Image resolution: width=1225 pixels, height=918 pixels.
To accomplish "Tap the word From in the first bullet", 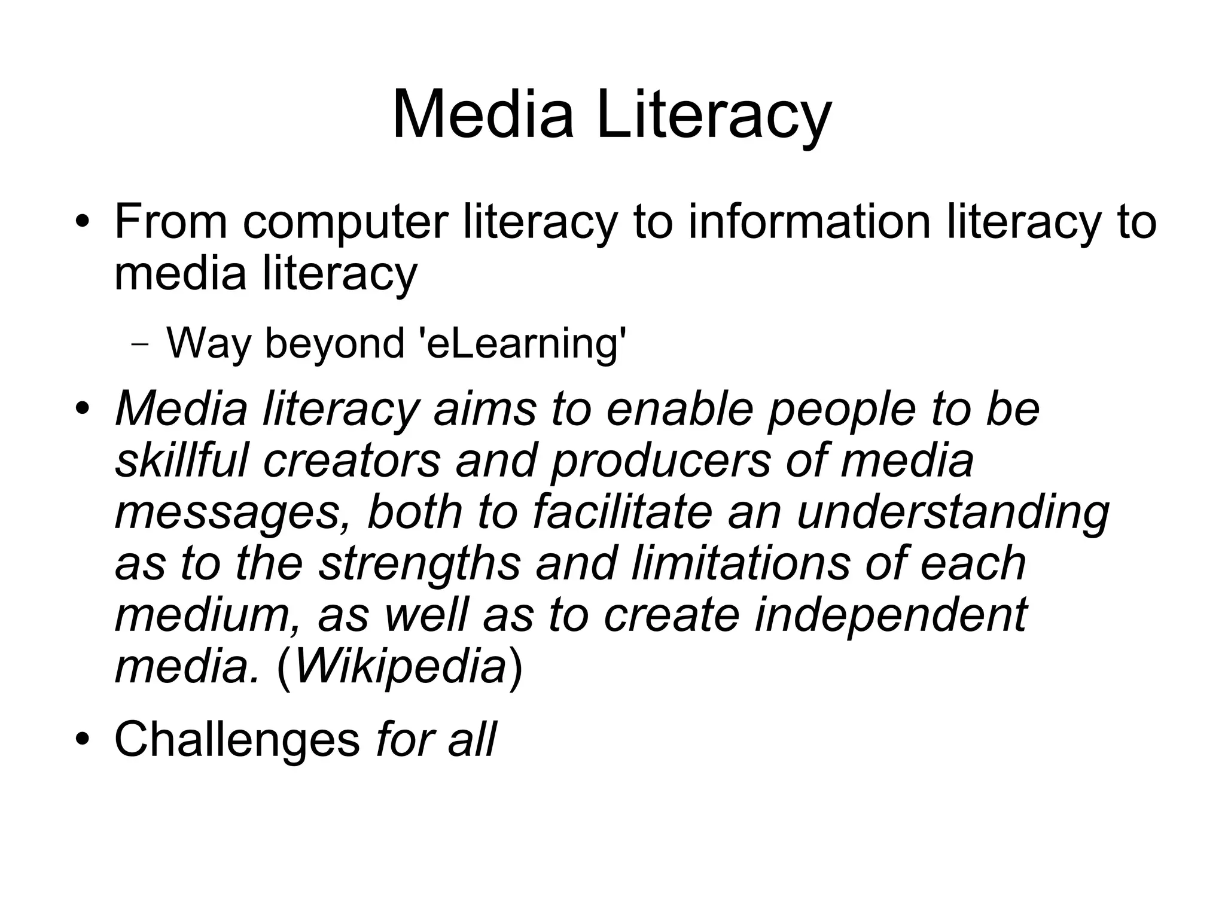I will click(x=170, y=221).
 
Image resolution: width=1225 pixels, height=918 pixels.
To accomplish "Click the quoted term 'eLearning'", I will click(x=524, y=344).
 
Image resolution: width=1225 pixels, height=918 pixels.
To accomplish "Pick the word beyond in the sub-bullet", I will click(x=334, y=344).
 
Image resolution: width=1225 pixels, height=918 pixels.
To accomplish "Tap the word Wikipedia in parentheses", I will click(x=401, y=666).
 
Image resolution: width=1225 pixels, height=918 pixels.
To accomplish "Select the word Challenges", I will click(x=237, y=739).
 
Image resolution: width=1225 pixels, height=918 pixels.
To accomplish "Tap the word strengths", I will click(x=419, y=565).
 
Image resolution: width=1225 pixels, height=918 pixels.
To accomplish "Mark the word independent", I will click(x=891, y=616).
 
